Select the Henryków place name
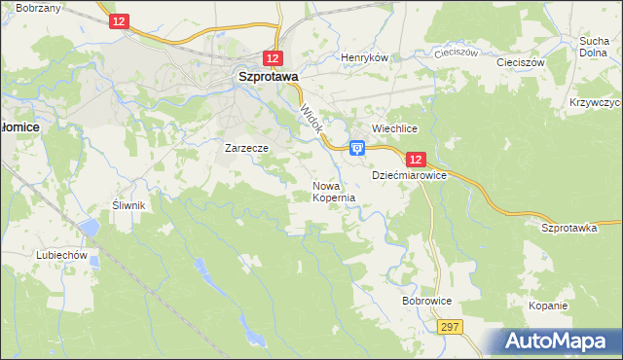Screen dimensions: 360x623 pos(364,57)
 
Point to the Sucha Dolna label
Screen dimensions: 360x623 pos(594,47)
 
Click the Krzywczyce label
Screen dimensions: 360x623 pos(595,102)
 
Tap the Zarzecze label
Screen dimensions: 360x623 pos(246,149)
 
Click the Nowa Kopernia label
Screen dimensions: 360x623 pos(333,191)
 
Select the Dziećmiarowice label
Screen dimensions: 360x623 pos(409,176)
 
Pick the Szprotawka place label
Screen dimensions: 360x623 pos(568,226)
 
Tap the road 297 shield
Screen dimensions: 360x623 pos(449,328)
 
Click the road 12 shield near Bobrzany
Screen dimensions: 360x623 pos(118,20)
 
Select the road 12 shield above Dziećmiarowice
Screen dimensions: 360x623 pos(416,159)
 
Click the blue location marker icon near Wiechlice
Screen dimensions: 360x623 pos(357,148)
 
